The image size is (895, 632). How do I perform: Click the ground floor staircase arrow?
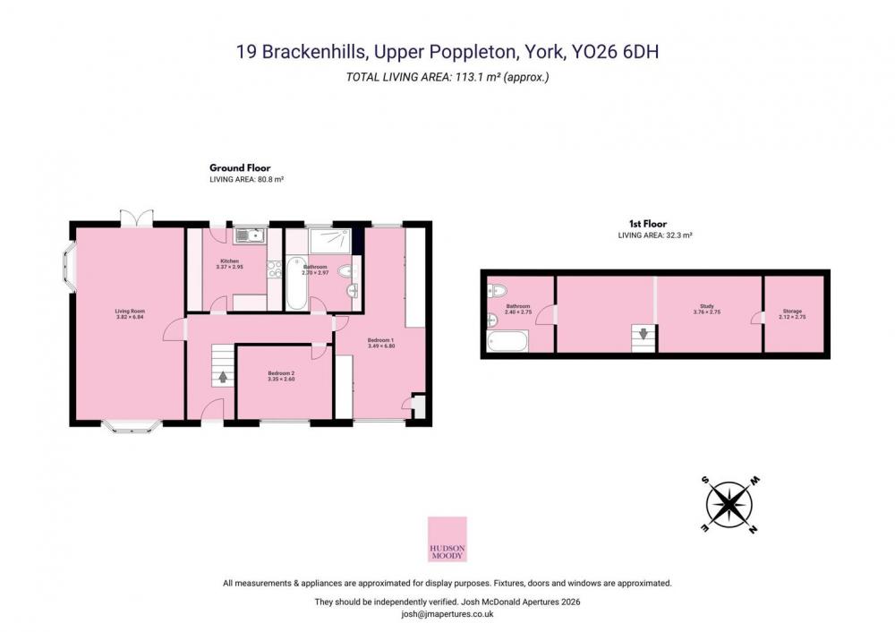click(222, 378)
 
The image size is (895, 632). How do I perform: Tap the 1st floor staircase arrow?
click(644, 333)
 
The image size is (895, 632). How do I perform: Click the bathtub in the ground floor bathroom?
click(296, 283)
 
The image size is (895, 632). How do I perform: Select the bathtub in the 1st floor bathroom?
click(507, 341)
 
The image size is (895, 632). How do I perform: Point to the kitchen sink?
click(250, 235)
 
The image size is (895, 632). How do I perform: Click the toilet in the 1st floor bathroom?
click(497, 291)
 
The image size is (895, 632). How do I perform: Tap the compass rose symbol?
click(729, 505)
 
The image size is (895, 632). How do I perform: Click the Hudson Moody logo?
click(447, 540)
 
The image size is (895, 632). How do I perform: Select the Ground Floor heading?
click(240, 168)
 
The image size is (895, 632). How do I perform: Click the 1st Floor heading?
click(648, 224)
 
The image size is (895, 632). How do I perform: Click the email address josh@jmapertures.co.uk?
click(447, 614)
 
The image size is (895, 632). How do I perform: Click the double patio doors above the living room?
click(137, 218)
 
